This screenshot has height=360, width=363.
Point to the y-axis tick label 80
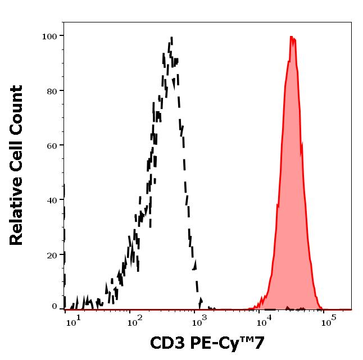tap(51, 91)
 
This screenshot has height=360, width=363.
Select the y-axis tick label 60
tap(51, 145)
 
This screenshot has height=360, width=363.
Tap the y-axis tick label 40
tap(51, 200)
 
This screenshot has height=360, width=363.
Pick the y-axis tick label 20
tap(51, 255)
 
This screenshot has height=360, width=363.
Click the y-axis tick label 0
tap(54, 307)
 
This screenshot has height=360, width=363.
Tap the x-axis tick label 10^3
tap(198, 321)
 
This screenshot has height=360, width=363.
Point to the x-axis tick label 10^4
tap(264, 321)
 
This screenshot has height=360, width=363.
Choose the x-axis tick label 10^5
tap(328, 321)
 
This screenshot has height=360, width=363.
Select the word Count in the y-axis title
tap(17, 110)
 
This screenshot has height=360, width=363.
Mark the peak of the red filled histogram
tap(292, 37)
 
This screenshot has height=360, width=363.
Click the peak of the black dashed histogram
tap(171, 38)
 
